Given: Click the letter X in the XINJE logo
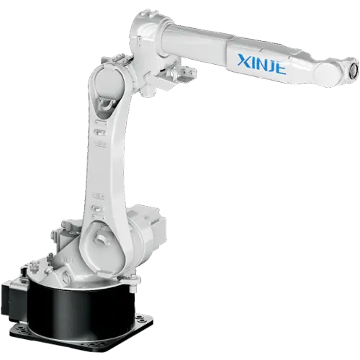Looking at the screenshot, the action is [244, 60].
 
